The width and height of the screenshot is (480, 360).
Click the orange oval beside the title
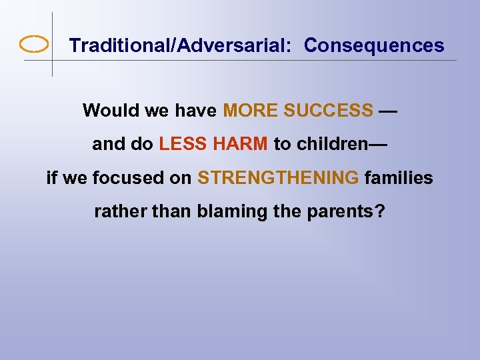pos(34,45)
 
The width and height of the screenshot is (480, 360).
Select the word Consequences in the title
pos(374,45)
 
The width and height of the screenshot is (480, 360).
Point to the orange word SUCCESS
pos(328,111)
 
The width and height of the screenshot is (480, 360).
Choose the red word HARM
pos(241,144)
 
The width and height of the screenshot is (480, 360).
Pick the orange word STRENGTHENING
pos(278,179)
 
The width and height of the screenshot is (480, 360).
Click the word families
pos(399,179)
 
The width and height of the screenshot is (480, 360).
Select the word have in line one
pos(195,111)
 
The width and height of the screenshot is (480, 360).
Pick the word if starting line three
pos(52,179)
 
